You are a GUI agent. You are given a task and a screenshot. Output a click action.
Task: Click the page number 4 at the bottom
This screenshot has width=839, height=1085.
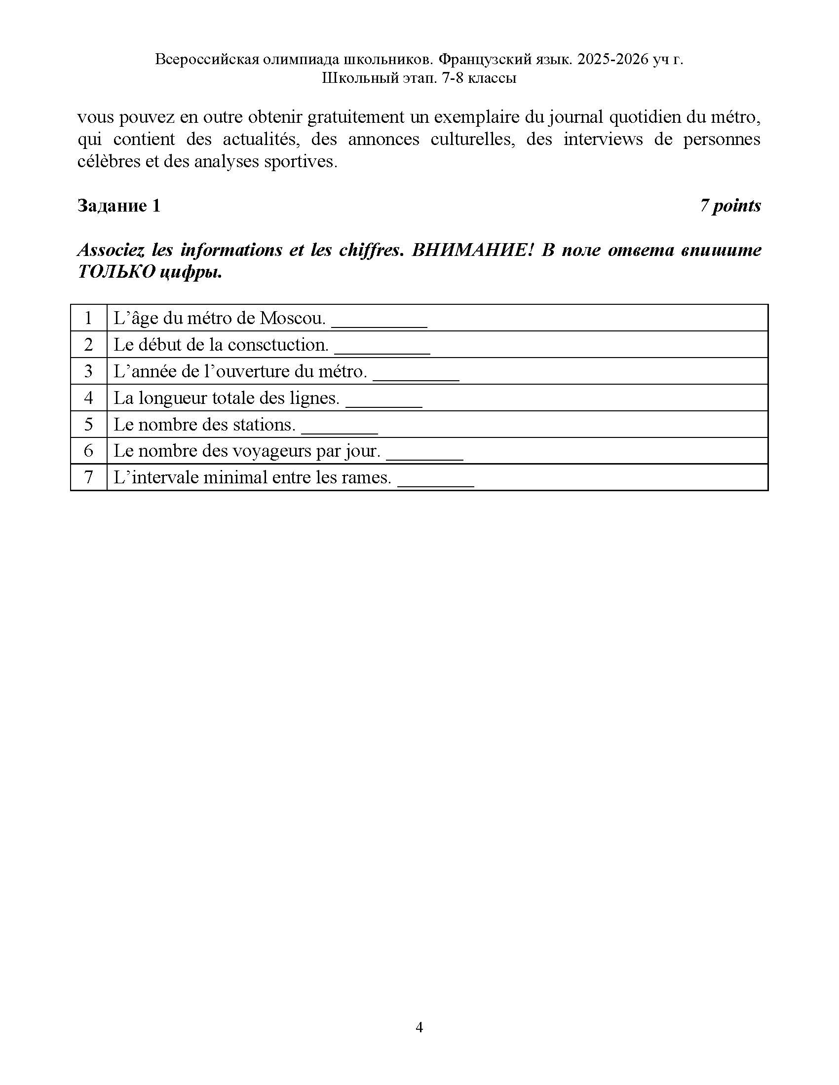point(419,1027)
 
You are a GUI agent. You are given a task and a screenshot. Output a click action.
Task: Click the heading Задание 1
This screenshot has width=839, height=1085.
point(119,206)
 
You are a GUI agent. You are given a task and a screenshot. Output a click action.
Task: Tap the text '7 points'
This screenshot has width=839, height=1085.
point(730,206)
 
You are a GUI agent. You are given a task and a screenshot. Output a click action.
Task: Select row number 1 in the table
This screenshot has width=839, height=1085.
point(88,318)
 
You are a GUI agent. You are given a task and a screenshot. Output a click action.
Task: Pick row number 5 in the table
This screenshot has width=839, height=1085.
point(88,424)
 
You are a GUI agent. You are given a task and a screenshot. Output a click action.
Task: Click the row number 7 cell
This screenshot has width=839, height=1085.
point(88,477)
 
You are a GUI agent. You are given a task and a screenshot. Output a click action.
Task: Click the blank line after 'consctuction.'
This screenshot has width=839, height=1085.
point(381,349)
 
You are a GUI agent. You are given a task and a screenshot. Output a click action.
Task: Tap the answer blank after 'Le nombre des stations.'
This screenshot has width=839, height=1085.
point(340,428)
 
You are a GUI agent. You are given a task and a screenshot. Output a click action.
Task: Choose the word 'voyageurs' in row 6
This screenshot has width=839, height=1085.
point(266,451)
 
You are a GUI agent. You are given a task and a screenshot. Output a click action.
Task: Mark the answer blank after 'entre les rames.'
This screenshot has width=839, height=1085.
point(436,481)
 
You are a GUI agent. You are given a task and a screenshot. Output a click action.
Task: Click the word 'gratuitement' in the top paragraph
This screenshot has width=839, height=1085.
point(355,118)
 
